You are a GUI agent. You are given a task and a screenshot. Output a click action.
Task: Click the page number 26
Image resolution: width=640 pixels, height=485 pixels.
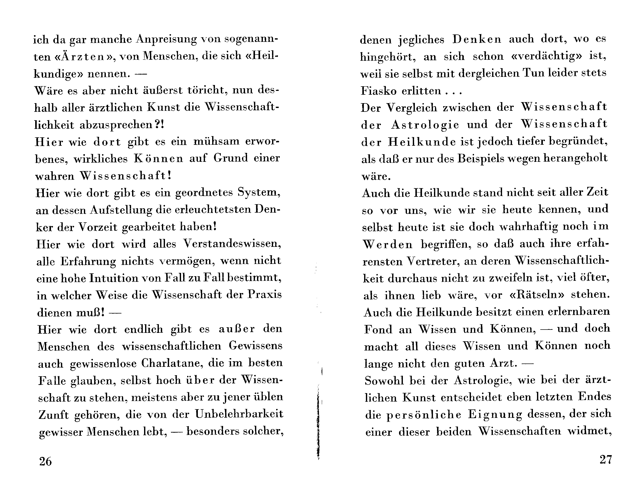tap(45, 461)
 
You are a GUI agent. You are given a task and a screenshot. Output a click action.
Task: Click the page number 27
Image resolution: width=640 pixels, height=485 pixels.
tap(606, 459)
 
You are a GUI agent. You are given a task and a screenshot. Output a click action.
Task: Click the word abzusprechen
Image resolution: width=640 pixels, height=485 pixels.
tap(116, 125)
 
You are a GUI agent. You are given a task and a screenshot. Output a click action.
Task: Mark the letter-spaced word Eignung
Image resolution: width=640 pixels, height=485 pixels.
tap(495, 415)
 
